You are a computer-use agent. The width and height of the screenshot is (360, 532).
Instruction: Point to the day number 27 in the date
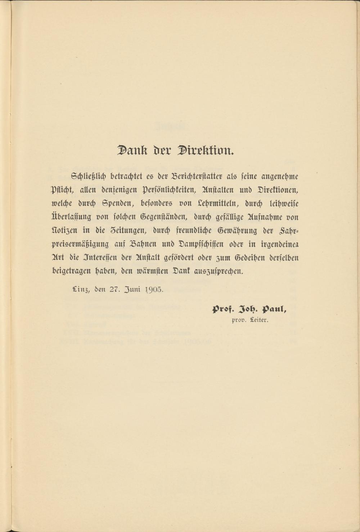coord(114,289)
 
